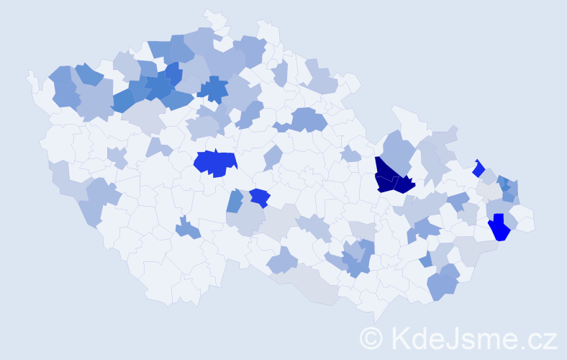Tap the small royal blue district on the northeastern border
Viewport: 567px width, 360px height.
478,168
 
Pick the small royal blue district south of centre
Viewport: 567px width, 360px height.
260,197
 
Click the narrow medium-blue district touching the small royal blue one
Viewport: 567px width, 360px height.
235,201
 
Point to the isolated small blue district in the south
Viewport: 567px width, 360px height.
189,229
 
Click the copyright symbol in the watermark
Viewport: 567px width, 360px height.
371,338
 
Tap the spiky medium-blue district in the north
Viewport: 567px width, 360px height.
212,89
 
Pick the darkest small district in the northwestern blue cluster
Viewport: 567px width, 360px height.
173,73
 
